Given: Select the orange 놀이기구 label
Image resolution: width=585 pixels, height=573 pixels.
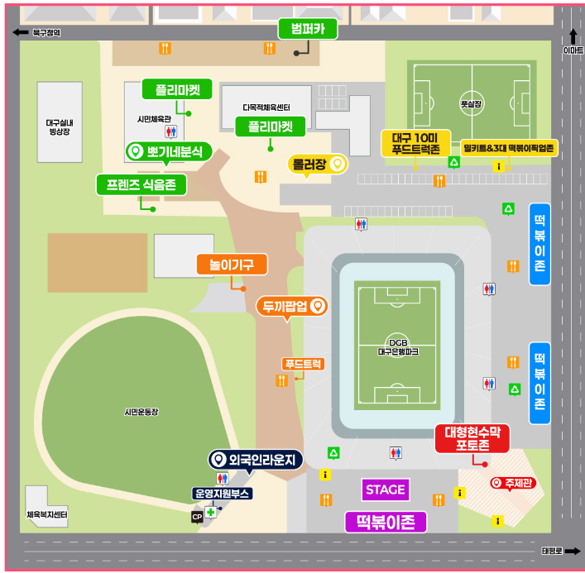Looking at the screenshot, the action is [x=232, y=265].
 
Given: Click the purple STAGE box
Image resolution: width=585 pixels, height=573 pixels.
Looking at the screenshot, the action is [x=386, y=489].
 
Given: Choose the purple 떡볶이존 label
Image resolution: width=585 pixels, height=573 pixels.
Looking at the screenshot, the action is [x=386, y=522].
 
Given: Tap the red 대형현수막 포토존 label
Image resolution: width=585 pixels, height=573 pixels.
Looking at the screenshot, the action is [x=472, y=438].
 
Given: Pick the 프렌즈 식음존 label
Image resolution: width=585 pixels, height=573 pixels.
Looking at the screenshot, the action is [x=141, y=184].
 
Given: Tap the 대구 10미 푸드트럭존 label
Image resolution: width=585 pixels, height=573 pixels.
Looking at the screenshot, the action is [x=415, y=143].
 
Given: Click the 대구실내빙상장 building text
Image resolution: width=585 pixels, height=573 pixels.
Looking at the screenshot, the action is [x=60, y=126].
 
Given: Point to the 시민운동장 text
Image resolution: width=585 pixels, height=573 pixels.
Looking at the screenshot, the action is [x=141, y=411].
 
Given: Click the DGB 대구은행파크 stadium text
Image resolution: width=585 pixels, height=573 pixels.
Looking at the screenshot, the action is [x=398, y=346].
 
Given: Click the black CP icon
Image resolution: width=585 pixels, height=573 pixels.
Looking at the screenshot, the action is [x=197, y=517].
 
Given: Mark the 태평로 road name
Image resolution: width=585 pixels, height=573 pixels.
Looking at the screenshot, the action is [x=552, y=551].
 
